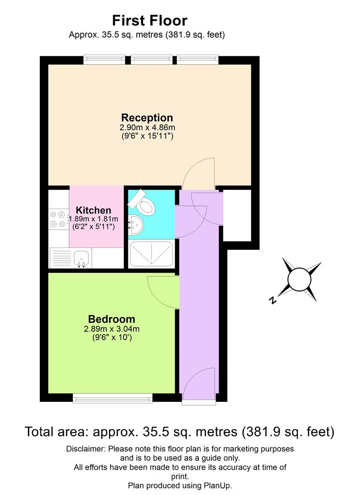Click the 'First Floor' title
click(x=150, y=21)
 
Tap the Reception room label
click(x=147, y=118)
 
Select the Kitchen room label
click(x=94, y=210)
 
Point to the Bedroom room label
click(x=111, y=319)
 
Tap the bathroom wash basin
click(x=136, y=225)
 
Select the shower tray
click(x=151, y=253)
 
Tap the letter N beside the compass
click(x=273, y=301)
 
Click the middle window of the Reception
click(x=151, y=59)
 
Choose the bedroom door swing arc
click(x=163, y=292)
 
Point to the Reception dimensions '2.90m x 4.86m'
click(x=147, y=127)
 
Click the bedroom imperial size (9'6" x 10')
click(x=111, y=337)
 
